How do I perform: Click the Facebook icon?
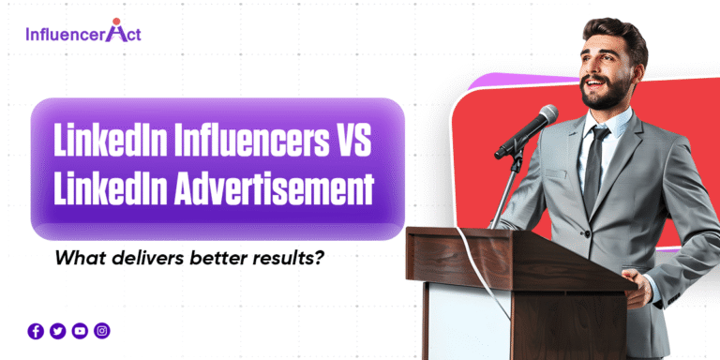point(36,330)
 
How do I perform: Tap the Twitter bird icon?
point(58,330)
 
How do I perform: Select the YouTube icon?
point(80,330)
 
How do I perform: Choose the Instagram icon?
point(102,330)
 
